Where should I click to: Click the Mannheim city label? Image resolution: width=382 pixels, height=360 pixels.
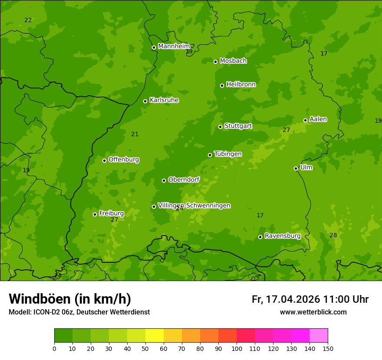174,46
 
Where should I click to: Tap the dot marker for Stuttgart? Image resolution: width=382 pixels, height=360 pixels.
220,127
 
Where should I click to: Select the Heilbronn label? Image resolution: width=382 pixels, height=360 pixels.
241,85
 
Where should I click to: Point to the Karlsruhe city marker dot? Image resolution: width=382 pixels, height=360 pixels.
145,101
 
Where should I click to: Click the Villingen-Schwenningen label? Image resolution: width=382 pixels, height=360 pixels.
194,206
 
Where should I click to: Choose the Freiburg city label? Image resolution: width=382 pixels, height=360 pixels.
111,213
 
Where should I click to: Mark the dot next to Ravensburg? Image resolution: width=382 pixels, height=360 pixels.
260,237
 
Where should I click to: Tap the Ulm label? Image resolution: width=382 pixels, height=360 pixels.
306,167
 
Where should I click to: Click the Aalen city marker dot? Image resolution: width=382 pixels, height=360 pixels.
305,120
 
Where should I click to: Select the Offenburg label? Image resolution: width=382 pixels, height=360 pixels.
124,160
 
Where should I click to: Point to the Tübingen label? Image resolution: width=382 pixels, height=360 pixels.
228,154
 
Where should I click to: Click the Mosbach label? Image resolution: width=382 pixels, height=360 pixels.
233,61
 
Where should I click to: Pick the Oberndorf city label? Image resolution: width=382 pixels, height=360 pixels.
184,180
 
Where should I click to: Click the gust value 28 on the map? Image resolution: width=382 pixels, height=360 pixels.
333,235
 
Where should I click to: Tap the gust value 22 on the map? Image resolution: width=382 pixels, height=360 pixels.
28,20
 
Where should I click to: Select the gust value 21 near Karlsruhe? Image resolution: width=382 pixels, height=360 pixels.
135,134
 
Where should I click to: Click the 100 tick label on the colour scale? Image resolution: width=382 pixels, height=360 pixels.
237,348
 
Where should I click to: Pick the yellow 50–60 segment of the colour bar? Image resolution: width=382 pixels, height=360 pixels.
155,335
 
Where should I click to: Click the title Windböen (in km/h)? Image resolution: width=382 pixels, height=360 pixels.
70,299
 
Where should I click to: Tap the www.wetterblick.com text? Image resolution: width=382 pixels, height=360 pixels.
313,312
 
